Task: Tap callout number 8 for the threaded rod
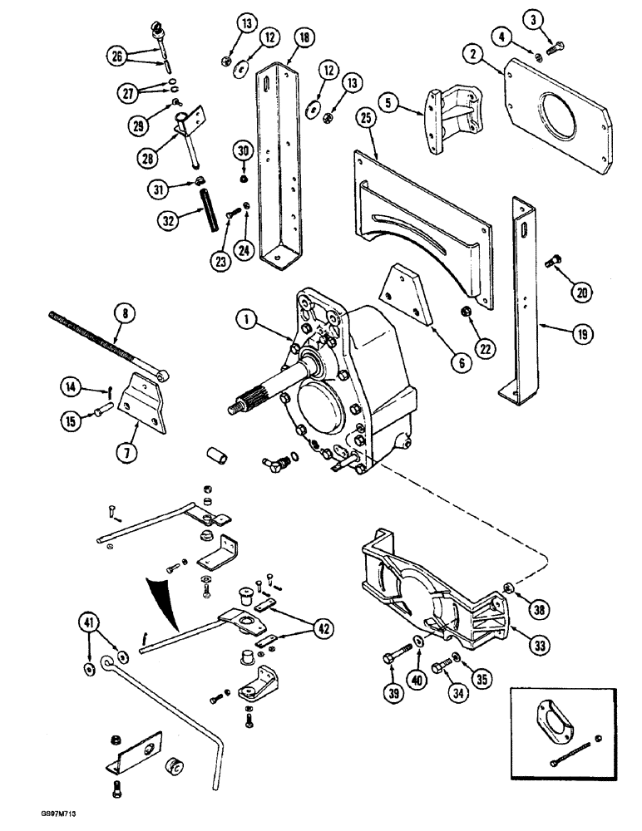pos(126,312)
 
